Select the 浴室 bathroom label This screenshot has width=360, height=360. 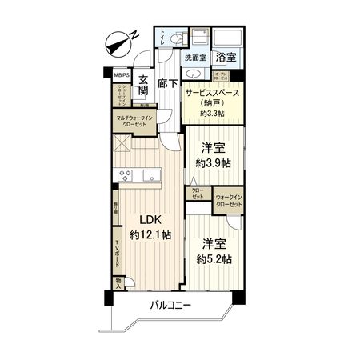(x=225, y=58)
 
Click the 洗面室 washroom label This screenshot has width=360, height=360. (x=196, y=58)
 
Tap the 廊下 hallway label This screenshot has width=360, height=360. (x=167, y=83)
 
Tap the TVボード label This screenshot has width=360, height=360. (x=117, y=254)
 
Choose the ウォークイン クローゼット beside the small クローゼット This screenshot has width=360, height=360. (x=229, y=199)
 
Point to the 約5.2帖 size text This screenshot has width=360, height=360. (x=214, y=258)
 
